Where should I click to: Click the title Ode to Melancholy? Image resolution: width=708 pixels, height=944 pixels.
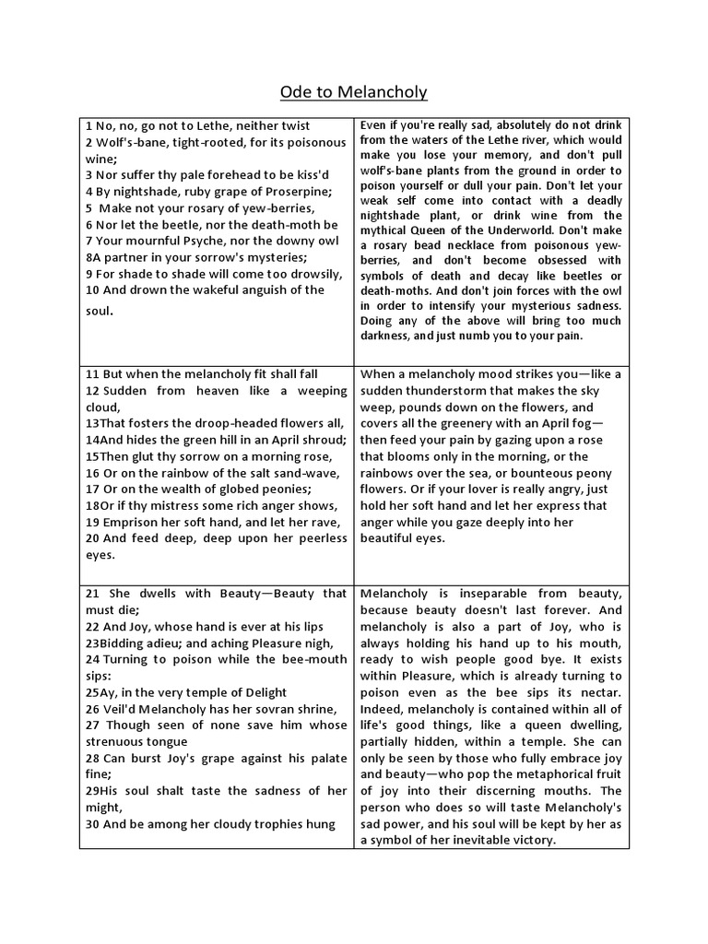tap(354, 92)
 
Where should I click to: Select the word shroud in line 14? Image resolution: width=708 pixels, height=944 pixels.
tap(324, 440)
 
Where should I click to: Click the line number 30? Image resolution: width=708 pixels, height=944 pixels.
tap(92, 823)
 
